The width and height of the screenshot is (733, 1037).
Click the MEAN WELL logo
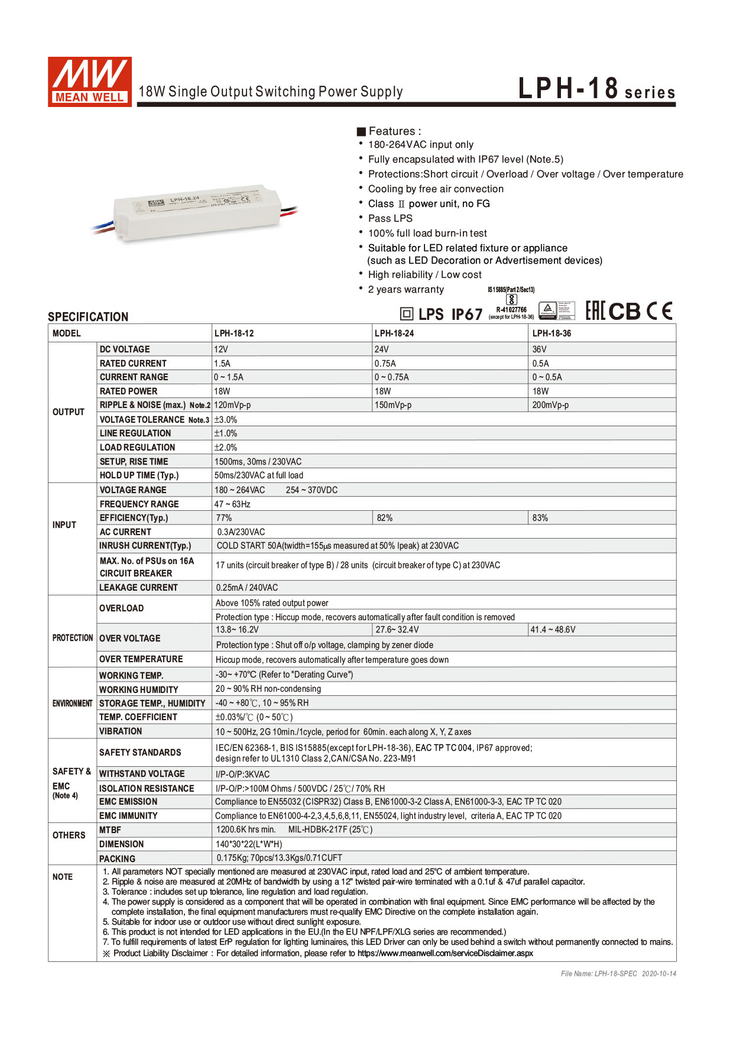pos(89,82)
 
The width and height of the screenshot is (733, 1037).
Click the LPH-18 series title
pos(596,89)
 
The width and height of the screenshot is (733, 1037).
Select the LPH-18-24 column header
pos(394,333)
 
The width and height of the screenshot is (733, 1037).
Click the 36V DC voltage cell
pos(539,349)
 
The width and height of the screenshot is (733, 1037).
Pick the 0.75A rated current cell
pos(385,364)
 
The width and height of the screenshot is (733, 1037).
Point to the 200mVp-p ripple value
pos(550,405)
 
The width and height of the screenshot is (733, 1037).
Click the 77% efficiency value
pos(224,518)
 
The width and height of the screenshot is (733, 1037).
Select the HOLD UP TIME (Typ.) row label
pos(139,475)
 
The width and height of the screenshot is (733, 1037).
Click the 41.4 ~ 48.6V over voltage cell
pos(553,630)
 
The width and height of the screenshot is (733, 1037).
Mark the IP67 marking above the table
pos(467,315)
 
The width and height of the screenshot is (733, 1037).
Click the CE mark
pos(659,311)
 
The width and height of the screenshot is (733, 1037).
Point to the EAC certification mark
pos(595,311)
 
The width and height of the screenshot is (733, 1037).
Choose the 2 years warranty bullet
pos(406,290)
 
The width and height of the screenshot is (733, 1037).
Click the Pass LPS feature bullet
pos(390,218)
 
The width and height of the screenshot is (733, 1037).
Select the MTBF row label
pos(110,830)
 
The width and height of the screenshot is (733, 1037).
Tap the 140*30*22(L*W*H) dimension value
pos(249,844)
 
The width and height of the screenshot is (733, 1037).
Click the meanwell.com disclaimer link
pos(445,953)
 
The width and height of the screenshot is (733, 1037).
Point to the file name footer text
pos(618,973)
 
